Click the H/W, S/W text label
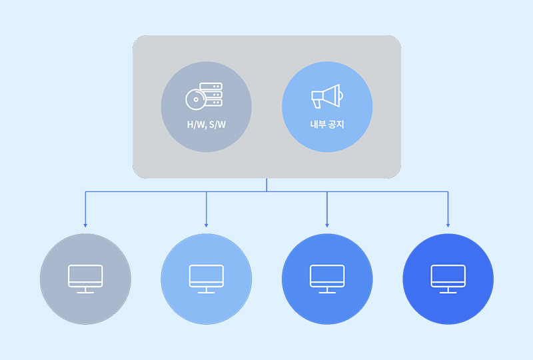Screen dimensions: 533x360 (207, 125)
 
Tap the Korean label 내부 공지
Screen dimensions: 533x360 (327, 124)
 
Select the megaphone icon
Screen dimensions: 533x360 (327, 96)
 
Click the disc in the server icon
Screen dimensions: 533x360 (196, 99)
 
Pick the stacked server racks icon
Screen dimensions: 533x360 (211, 94)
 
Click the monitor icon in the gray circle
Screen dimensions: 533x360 (85, 279)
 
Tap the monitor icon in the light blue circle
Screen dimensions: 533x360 (207, 279)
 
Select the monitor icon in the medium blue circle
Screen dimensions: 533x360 (327, 279)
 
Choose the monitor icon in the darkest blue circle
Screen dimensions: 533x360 (448, 279)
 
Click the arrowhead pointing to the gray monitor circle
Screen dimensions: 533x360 (85, 225)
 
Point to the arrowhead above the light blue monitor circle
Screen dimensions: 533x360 (207, 225)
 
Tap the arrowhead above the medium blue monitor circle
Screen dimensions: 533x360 (327, 225)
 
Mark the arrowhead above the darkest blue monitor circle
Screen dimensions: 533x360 (448, 225)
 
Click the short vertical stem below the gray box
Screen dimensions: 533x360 (266, 185)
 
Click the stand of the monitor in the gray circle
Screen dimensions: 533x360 (85, 290)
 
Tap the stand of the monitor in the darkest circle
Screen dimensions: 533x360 (448, 290)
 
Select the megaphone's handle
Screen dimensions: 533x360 (317, 104)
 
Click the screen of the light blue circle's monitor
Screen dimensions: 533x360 (207, 274)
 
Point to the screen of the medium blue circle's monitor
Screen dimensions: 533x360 (327, 274)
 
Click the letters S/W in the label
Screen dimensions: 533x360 (218, 125)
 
